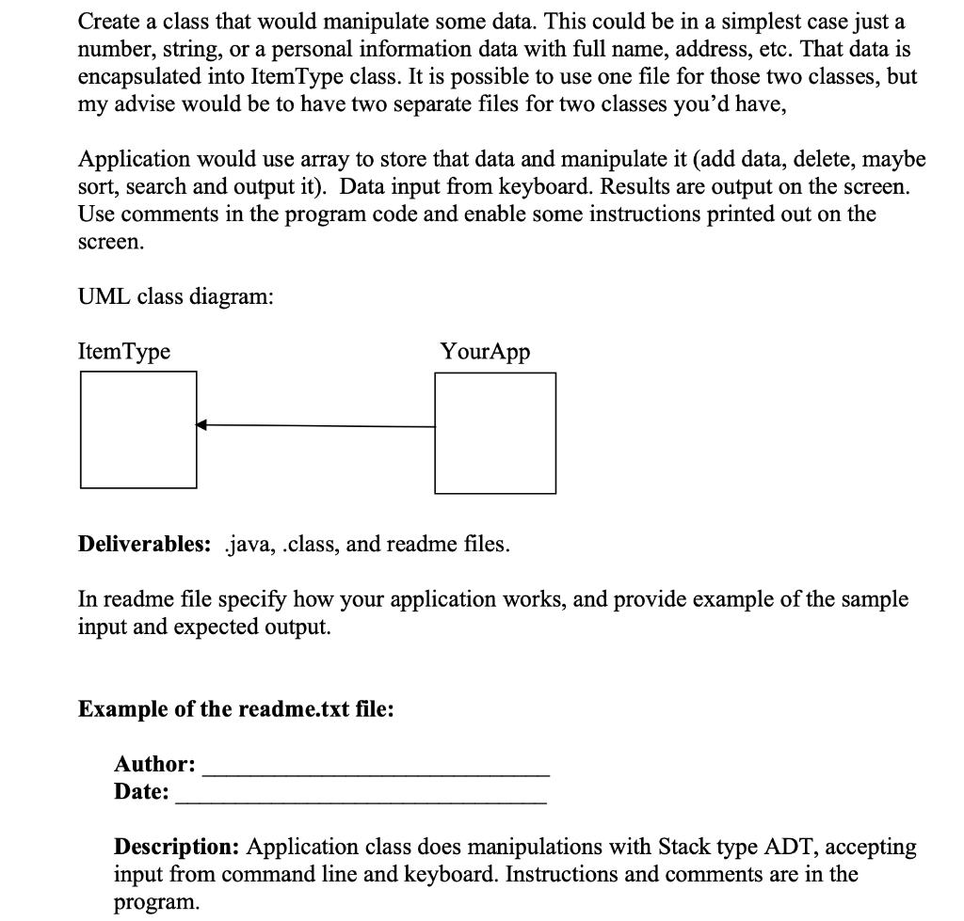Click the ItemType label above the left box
(124, 352)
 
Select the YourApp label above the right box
(485, 352)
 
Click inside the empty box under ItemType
(138, 429)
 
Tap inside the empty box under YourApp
(495, 432)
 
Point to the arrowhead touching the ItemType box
(201, 426)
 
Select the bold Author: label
(155, 764)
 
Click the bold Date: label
(142, 792)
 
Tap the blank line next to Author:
(376, 771)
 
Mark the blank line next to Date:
(361, 800)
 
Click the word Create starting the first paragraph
(108, 20)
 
